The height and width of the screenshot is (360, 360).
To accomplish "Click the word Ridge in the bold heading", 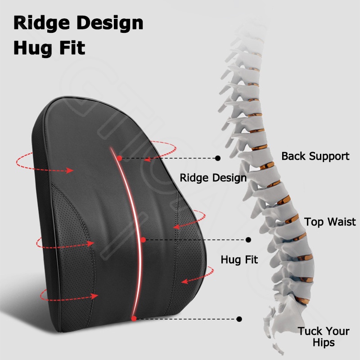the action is click(41, 23).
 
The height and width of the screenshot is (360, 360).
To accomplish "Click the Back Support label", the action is click(315, 156).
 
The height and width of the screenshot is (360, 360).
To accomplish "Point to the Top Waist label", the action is click(330, 222).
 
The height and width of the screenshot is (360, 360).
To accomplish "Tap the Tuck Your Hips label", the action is click(324, 337).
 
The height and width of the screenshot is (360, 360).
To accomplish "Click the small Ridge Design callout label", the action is click(213, 178).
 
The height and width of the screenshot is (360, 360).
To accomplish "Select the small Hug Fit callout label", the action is click(239, 260).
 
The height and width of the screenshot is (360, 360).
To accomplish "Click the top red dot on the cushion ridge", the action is click(119, 158).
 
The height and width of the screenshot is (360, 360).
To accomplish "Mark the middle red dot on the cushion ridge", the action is click(143, 240).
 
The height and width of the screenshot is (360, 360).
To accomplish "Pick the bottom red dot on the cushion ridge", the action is click(134, 319).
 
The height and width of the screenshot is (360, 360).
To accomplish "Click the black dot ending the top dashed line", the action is click(218, 158).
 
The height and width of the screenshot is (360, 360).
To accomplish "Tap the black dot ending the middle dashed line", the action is click(248, 240).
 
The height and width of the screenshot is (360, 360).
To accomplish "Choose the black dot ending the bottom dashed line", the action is click(239, 319).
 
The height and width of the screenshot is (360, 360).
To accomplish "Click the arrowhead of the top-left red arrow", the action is click(70, 171).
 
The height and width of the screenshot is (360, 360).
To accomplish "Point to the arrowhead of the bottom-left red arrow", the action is click(94, 296).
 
